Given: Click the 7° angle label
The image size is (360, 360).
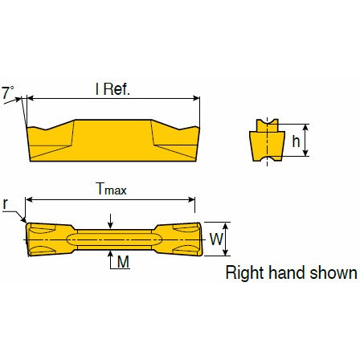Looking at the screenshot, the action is coord(8,92).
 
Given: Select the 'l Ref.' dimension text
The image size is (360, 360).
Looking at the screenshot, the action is coord(112,89).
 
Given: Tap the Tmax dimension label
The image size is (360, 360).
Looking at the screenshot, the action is coord(112,189).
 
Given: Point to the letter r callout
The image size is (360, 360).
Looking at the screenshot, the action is coord(6,203).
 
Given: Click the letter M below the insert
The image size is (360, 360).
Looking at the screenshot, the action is coord(123,261).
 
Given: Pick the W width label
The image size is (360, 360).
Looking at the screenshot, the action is coord(216,239).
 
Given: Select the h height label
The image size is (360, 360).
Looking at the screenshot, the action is coord(296,141).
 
